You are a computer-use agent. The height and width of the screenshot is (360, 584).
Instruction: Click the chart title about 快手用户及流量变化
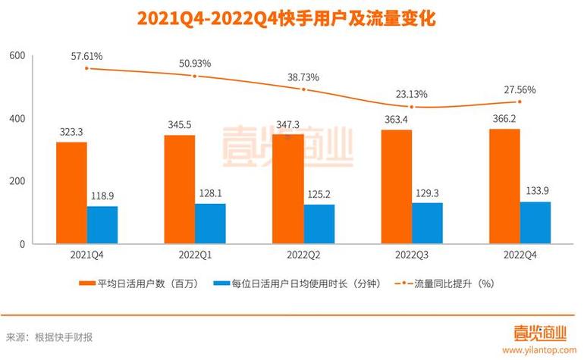(x=291, y=18)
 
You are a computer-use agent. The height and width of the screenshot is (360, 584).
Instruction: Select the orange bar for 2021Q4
(x=71, y=193)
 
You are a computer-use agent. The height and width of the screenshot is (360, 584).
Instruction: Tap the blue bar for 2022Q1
(x=210, y=224)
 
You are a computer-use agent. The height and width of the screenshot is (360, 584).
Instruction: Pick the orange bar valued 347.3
(x=287, y=189)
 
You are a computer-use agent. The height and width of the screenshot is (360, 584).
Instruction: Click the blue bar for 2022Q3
(x=427, y=224)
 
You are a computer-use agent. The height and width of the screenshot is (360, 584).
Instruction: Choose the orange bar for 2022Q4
(x=504, y=186)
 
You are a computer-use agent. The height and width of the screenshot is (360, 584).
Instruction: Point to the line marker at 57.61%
(x=87, y=68)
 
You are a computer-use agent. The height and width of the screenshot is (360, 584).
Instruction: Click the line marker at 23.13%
(x=412, y=108)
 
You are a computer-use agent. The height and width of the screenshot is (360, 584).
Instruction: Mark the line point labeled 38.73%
(x=303, y=89)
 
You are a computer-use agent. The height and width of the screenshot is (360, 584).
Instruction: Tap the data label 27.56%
(x=520, y=89)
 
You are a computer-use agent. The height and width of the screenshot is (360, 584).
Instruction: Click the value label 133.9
(x=535, y=190)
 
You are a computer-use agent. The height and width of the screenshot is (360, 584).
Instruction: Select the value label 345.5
(x=179, y=124)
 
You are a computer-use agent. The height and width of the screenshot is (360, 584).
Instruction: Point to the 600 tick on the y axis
(x=17, y=56)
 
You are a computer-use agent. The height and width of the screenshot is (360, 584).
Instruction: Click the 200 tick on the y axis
(x=17, y=181)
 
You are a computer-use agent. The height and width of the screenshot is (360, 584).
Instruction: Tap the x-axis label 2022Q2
(x=303, y=255)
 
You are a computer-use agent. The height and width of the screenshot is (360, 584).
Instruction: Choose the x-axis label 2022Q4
(x=520, y=255)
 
